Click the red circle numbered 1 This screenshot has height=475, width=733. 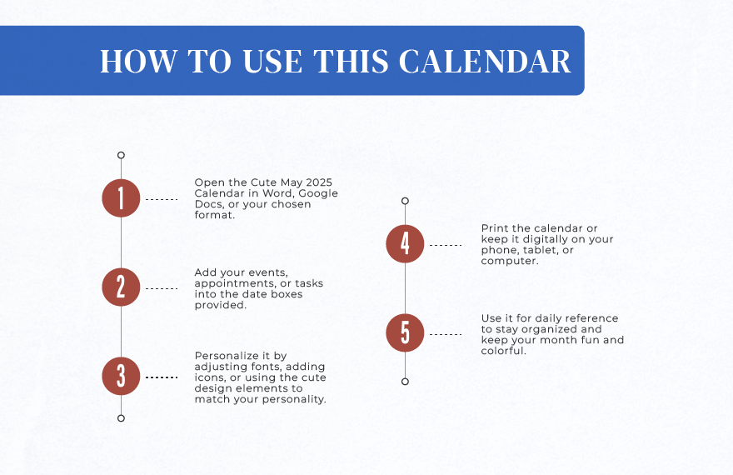click(x=121, y=198)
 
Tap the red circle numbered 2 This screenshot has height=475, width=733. click(x=121, y=287)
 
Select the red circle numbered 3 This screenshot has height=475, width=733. click(x=121, y=377)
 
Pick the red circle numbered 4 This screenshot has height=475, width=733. click(x=405, y=243)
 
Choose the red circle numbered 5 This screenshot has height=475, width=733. click(x=405, y=332)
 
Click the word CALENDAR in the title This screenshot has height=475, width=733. click(x=485, y=61)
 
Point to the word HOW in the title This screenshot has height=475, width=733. click(x=139, y=61)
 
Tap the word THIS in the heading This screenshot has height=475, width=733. click(x=351, y=61)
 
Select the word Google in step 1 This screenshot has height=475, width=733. click(x=318, y=193)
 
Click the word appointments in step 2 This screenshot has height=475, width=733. click(x=236, y=284)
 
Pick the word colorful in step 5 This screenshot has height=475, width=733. click(x=503, y=351)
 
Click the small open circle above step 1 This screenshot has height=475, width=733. click(x=121, y=155)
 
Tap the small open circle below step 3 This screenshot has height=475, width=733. click(x=121, y=418)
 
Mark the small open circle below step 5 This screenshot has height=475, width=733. click(x=405, y=382)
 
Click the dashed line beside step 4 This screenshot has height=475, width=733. click(x=446, y=245)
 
